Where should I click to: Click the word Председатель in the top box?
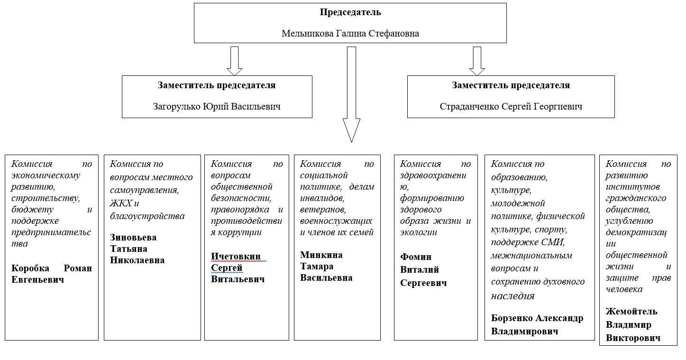pyautogui.click(x=350, y=12)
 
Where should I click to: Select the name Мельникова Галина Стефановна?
pyautogui.click(x=350, y=34)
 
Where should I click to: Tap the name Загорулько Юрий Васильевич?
pyautogui.click(x=217, y=107)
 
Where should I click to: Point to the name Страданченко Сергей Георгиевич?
pyautogui.click(x=511, y=107)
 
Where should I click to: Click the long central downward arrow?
pyautogui.click(x=351, y=95)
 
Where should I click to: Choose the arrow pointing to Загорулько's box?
pyautogui.click(x=234, y=61)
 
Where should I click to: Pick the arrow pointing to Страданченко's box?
pyautogui.click(x=477, y=61)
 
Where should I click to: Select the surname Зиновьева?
pyautogui.click(x=133, y=237)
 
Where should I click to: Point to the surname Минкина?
pyautogui.click(x=321, y=255)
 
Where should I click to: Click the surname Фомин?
pyautogui.click(x=416, y=257)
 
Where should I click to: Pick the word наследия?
pyautogui.click(x=512, y=295)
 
